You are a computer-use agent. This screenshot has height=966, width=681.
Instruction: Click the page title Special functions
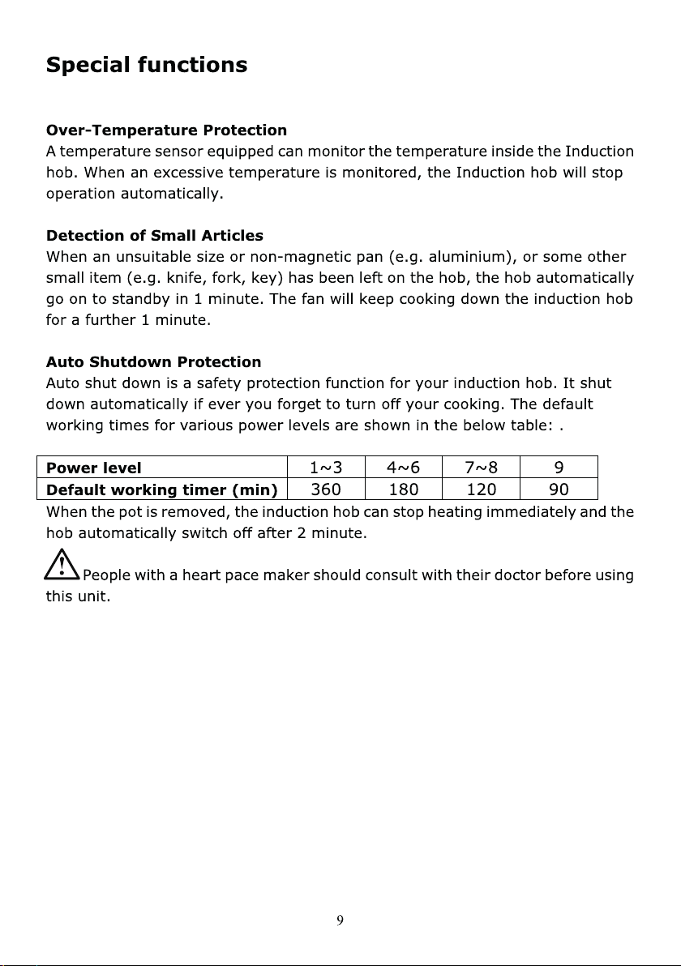click(147, 65)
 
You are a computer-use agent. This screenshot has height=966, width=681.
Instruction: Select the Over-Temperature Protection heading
click(166, 130)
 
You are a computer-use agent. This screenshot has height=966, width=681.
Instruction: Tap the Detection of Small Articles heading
click(155, 236)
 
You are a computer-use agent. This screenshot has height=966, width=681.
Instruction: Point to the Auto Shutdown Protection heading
click(154, 361)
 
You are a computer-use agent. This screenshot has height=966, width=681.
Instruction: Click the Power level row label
click(94, 468)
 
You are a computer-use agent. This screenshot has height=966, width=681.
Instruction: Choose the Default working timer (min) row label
click(162, 489)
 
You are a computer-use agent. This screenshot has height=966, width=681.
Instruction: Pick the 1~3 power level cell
click(326, 468)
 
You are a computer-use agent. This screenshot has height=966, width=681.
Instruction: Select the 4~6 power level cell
click(403, 468)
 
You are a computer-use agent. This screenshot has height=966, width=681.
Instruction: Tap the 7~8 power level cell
click(481, 468)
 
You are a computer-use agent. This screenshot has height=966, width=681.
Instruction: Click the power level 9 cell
click(559, 468)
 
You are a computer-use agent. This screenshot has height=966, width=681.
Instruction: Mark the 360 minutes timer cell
click(326, 489)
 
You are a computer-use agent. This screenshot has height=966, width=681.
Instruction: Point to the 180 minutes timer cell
click(403, 489)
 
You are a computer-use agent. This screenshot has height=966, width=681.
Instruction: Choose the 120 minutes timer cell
click(481, 489)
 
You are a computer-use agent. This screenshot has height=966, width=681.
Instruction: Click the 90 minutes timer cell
click(559, 489)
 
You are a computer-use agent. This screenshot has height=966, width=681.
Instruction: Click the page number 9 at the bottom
click(340, 920)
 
